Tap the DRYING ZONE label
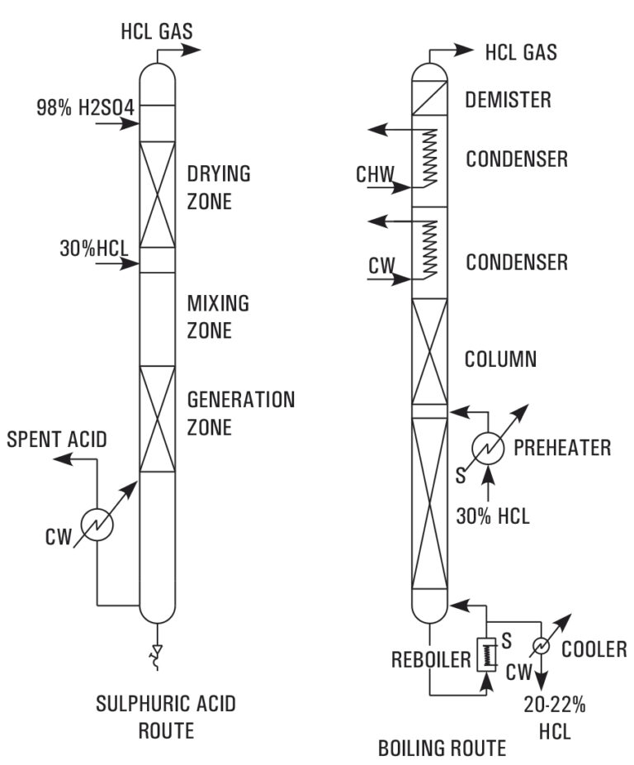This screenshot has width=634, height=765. tap(218, 188)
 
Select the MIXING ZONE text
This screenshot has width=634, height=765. tap(219, 316)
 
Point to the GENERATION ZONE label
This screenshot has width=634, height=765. tap(240, 413)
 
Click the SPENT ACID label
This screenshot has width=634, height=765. tap(57, 440)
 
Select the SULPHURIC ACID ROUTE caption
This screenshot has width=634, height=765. tap(164, 717)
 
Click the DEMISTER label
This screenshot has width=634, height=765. tap(508, 100)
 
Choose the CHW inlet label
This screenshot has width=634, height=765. tap(375, 174)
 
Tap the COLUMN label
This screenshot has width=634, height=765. tap(501, 359)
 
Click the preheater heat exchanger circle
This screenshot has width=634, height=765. tap(489, 447)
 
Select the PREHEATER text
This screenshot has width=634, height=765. tap(561, 448)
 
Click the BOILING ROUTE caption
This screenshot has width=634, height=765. tap(442, 748)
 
